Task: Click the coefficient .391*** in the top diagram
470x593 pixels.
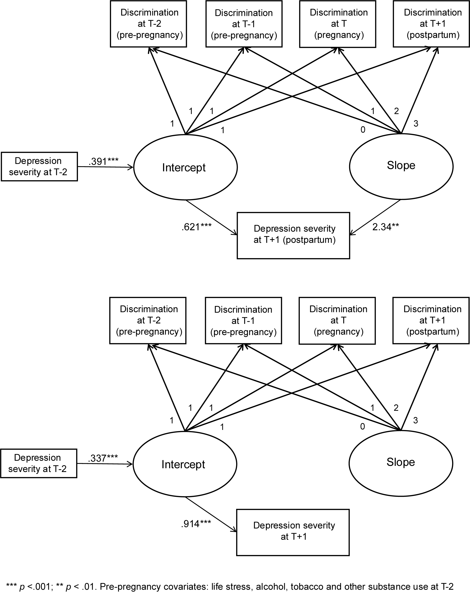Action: click(103, 161)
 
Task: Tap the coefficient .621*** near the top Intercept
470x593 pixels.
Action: click(196, 227)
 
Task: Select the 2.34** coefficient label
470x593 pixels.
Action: click(385, 227)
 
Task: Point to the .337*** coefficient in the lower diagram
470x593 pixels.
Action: click(103, 458)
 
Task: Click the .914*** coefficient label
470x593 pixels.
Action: click(196, 524)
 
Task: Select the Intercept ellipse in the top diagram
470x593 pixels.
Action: click(185, 167)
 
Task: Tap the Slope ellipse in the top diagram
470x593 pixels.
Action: click(401, 166)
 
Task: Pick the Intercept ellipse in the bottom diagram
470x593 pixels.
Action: click(185, 464)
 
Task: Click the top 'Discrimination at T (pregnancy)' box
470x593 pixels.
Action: click(338, 24)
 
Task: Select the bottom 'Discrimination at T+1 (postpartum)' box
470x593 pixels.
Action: click(431, 321)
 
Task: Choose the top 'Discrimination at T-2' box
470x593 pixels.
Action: click(148, 24)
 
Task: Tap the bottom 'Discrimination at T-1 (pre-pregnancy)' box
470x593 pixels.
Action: click(243, 321)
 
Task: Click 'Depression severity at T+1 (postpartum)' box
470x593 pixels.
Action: click(293, 235)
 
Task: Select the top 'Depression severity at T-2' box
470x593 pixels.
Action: click(39, 166)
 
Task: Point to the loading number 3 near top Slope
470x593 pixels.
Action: click(416, 124)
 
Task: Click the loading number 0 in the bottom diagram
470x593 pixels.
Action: click(363, 427)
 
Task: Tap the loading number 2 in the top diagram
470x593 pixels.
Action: click(396, 111)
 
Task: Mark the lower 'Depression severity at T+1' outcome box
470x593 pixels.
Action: click(293, 532)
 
